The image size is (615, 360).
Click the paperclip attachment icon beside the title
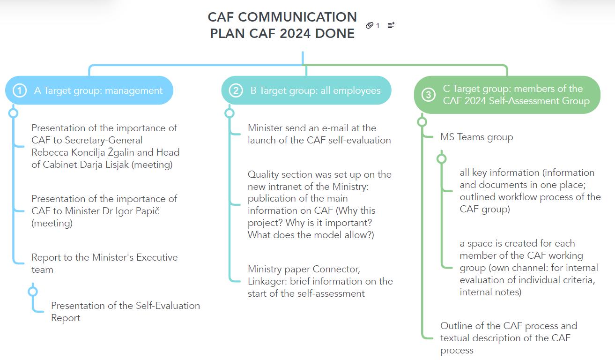[370, 25]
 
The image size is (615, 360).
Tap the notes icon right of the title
[391, 25]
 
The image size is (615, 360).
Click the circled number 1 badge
[19, 90]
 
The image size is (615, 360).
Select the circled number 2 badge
[236, 90]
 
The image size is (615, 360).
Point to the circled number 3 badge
[428, 95]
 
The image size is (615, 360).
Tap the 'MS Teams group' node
[476, 137]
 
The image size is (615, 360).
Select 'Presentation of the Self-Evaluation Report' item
[125, 311]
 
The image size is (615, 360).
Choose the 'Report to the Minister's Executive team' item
[104, 263]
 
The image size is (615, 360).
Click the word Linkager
[267, 281]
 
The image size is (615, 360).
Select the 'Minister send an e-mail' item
[319, 134]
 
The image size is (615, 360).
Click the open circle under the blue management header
[14, 113]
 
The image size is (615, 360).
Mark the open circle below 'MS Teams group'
[441, 158]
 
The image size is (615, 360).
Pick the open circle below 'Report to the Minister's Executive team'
[33, 292]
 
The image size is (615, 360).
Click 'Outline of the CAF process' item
[508, 337]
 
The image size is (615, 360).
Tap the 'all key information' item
[529, 191]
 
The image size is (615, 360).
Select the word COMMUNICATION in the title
[282, 17]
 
